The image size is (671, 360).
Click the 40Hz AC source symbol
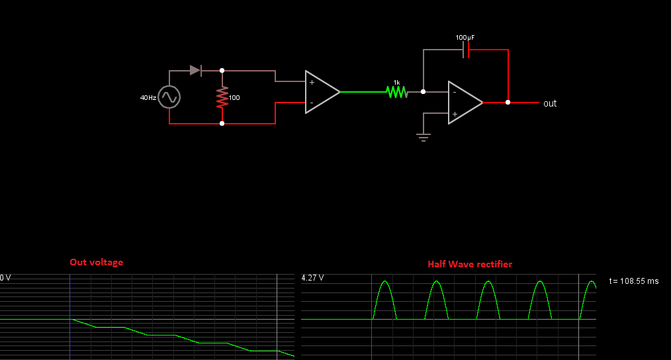click(169, 97)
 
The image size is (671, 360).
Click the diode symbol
click(195, 70)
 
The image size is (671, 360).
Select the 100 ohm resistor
click(222, 97)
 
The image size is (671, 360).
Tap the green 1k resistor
click(397, 92)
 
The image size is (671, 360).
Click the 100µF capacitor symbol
click(467, 50)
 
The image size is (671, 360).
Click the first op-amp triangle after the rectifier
click(322, 92)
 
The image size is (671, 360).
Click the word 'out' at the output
click(550, 103)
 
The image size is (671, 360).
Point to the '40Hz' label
click(148, 97)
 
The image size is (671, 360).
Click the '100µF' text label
click(465, 38)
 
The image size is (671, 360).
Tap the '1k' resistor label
click(396, 83)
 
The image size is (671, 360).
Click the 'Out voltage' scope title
click(96, 262)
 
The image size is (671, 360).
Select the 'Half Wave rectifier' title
click(469, 264)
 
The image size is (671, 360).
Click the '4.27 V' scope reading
click(312, 278)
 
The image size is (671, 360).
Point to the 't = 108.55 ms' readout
click(633, 281)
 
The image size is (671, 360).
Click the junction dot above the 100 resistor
click(222, 70)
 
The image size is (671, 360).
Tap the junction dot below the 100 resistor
click(222, 123)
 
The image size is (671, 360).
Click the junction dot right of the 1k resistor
click(424, 92)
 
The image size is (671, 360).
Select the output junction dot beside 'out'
click(508, 103)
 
